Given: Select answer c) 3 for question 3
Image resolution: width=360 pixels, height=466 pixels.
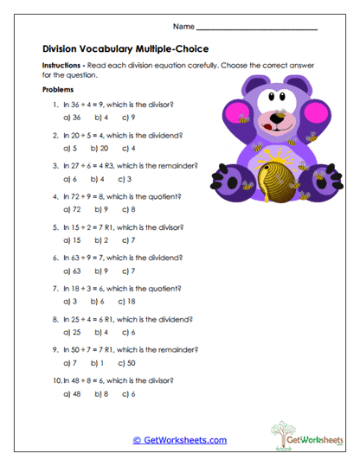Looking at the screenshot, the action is coord(126,180).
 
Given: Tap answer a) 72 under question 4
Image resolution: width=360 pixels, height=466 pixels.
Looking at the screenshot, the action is coord(73,210).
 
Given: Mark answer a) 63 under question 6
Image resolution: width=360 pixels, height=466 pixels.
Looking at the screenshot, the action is coord(73,271).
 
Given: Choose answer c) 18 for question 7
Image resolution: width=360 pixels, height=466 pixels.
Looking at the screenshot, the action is coord(128,302).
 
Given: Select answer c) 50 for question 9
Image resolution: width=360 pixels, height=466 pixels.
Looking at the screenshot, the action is coord(128,363).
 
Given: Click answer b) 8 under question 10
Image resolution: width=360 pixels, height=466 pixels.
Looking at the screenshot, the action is coord(101,394).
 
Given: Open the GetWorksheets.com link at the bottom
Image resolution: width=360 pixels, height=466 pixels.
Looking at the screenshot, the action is coord(179,440).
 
